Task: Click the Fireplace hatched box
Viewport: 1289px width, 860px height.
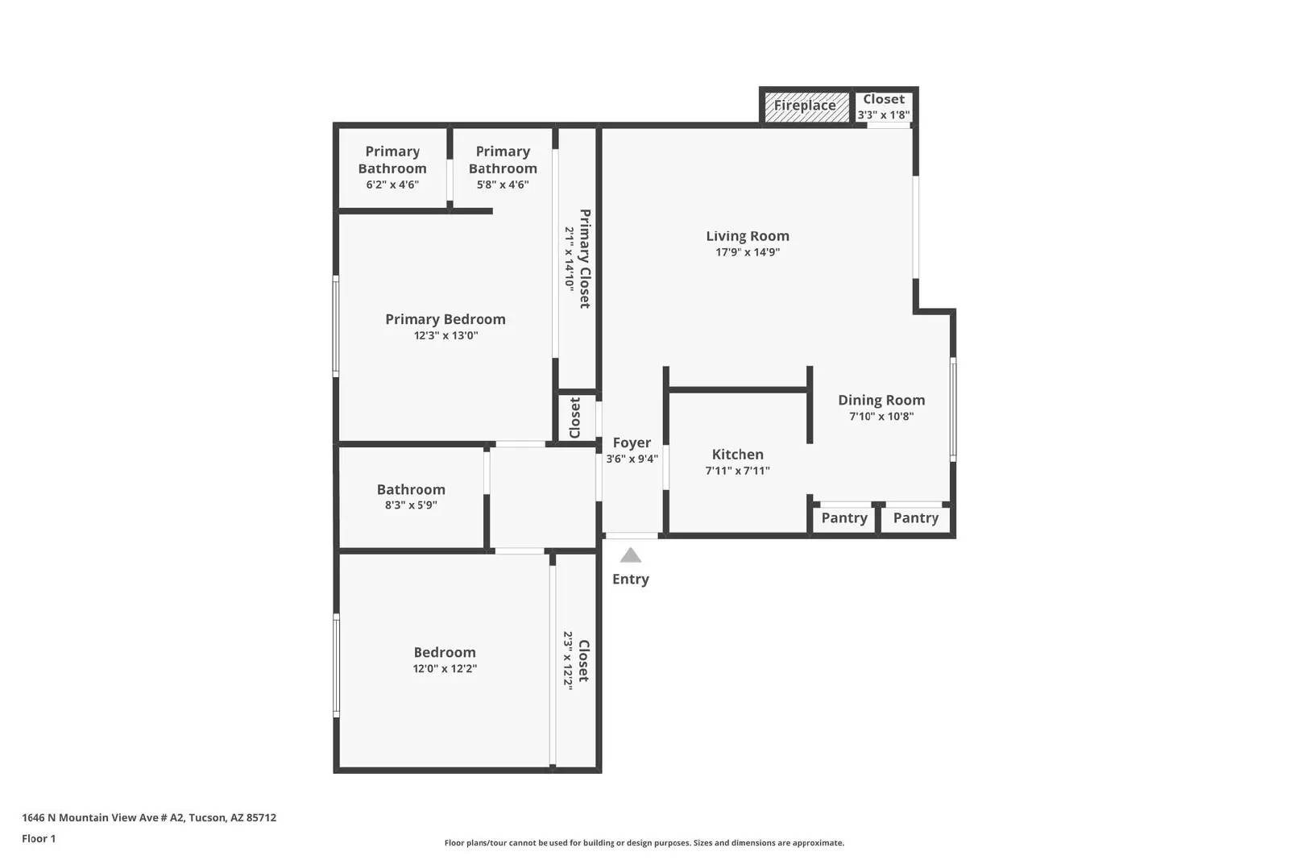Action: [x=806, y=107]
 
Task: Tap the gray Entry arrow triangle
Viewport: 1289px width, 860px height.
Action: [x=631, y=555]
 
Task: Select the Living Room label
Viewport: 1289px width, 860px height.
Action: [x=748, y=236]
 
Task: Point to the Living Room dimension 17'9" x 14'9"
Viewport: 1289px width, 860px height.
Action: [x=748, y=252]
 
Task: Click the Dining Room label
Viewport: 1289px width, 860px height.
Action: [x=881, y=400]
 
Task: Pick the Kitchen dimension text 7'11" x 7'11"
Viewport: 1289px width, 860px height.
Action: [x=737, y=471]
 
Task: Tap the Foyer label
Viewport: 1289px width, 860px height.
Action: [x=632, y=442]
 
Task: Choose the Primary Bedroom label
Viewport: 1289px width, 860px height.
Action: [x=446, y=319]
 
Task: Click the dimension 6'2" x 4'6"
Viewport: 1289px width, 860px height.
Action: [x=392, y=185]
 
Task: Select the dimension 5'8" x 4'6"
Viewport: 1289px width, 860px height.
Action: [x=503, y=185]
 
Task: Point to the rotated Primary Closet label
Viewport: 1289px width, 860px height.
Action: [x=585, y=259]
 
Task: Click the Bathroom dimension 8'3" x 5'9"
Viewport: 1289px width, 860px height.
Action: [x=411, y=505]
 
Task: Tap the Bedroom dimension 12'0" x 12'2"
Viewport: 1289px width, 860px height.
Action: [x=445, y=669]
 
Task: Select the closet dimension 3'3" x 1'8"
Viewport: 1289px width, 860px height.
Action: [x=883, y=115]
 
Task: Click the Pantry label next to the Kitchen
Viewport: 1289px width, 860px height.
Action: [x=844, y=518]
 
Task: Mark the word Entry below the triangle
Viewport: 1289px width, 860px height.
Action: [x=631, y=579]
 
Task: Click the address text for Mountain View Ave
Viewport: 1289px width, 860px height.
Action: [x=149, y=817]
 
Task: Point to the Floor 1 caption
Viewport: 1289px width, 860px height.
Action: [x=39, y=839]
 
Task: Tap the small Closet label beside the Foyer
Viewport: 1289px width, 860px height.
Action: [x=575, y=418]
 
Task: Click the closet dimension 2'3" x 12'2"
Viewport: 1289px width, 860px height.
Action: [x=568, y=661]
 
